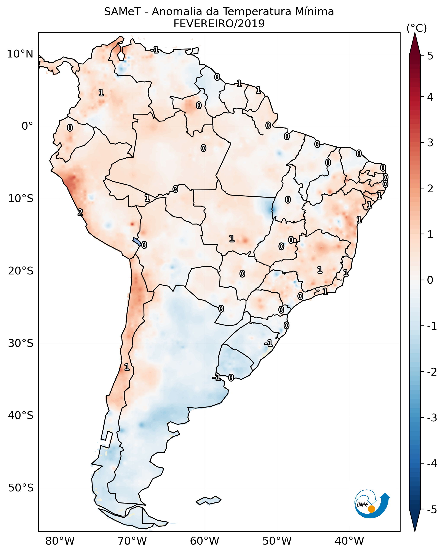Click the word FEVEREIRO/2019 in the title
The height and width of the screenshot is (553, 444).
click(219, 24)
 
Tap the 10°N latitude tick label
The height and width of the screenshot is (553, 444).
click(20, 54)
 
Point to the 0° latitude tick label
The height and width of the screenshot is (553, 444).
click(27, 126)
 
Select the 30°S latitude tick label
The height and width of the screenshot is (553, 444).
click(21, 343)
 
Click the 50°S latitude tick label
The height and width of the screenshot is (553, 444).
click(21, 488)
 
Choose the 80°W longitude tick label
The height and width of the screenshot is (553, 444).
click(60, 541)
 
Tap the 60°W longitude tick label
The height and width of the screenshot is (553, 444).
click(204, 541)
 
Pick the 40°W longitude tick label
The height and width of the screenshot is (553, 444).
click(349, 541)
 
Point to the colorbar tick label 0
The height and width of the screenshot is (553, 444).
click(430, 280)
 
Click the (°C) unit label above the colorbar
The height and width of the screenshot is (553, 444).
click(417, 28)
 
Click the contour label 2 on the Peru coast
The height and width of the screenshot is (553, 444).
click(80, 212)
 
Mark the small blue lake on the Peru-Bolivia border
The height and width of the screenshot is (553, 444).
click(137, 242)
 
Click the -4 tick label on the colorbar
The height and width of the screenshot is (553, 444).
click(432, 464)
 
